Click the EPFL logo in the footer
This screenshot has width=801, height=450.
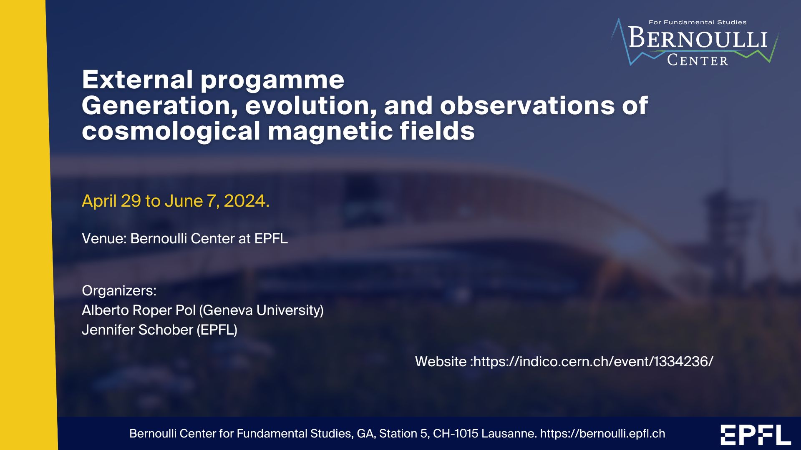[756, 435]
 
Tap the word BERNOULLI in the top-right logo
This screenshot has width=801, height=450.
[698, 38]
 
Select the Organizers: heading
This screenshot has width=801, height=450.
[119, 290]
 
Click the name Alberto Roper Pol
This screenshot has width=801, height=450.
[139, 310]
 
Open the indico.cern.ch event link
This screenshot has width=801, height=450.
[593, 362]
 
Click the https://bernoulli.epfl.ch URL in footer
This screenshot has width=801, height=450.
[603, 434]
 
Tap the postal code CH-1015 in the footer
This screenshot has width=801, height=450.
[456, 434]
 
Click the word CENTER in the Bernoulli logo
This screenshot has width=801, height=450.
[698, 60]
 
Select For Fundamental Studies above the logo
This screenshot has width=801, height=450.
[698, 22]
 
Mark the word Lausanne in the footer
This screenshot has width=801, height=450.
[509, 434]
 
